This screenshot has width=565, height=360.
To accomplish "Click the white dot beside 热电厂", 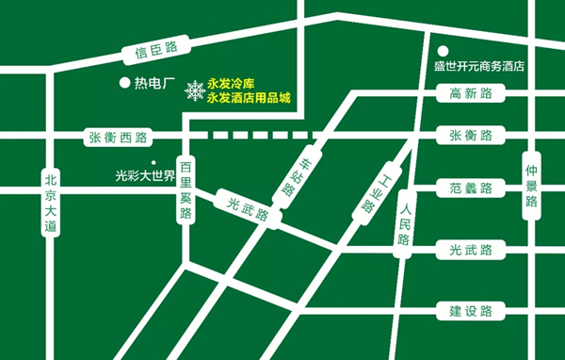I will [x=122, y=83].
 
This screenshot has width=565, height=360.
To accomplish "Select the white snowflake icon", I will [x=194, y=90].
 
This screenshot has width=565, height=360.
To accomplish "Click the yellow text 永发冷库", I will [x=232, y=84].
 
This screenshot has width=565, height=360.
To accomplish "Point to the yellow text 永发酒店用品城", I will [x=250, y=97].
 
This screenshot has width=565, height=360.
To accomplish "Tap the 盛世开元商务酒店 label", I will [x=477, y=67].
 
